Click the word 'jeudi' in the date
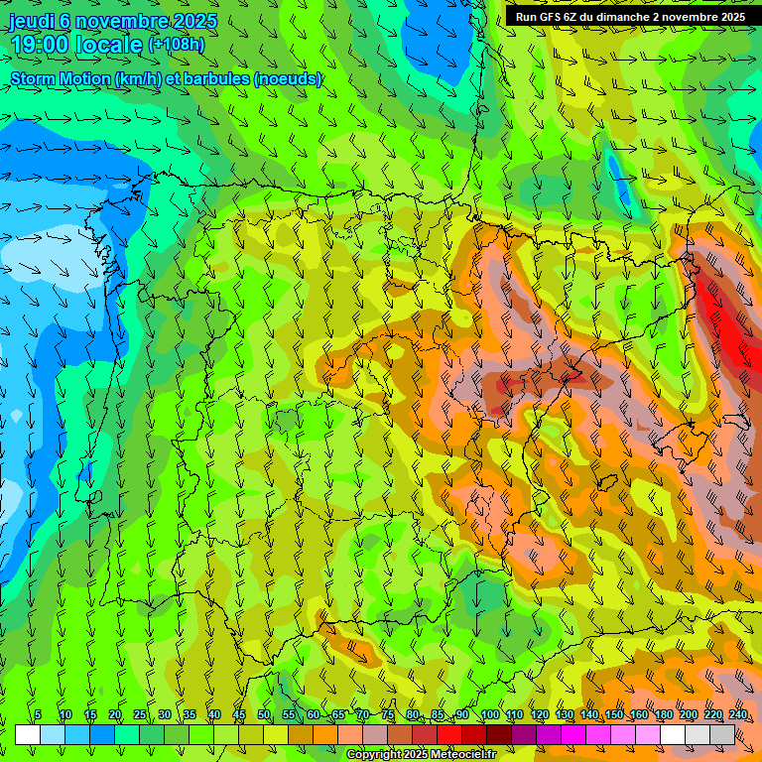point(31,21)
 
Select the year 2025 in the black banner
point(729,17)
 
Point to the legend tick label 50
point(263,715)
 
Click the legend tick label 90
point(462,715)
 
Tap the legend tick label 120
point(540,715)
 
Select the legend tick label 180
point(664,715)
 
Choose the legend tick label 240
point(738,715)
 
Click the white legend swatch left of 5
point(27,734)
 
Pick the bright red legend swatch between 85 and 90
point(449,734)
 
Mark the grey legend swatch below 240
point(723,734)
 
